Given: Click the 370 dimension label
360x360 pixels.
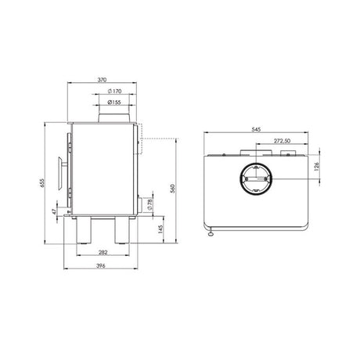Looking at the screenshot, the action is [102, 80].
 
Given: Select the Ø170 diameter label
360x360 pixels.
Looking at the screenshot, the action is [114, 91].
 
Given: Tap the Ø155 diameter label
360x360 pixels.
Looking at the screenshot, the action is [114, 103].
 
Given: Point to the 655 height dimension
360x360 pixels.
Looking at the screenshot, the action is [42, 182].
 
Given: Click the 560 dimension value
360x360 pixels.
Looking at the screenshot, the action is [172, 189].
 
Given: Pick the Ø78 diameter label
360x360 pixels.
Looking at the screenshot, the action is [149, 205].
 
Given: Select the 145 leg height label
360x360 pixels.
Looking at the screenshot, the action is [160, 229].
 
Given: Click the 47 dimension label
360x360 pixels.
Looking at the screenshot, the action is [54, 211].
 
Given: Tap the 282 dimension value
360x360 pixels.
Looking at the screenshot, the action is [103, 252].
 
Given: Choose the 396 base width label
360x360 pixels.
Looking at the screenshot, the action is [101, 266].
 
